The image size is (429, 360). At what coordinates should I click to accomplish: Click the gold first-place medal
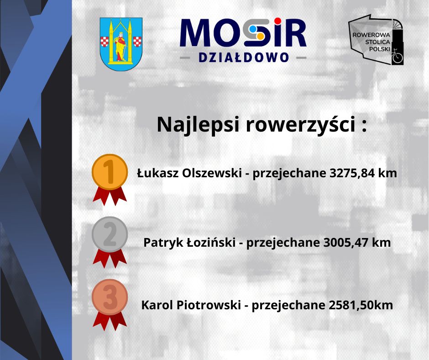click(x=110, y=172)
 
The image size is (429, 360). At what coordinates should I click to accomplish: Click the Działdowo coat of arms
click(x=121, y=44)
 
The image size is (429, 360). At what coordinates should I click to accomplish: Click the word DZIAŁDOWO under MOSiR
click(x=244, y=58)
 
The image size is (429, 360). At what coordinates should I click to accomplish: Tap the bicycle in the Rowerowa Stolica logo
click(x=398, y=57)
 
